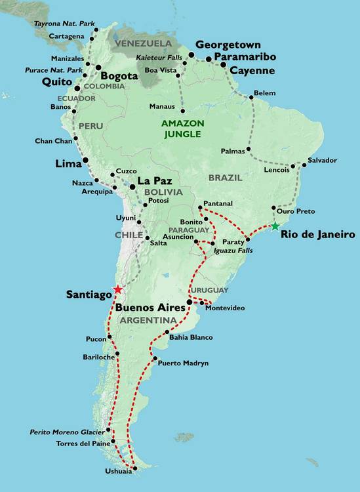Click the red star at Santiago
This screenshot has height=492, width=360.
[x=117, y=289]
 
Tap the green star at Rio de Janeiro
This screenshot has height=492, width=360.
[x=274, y=226]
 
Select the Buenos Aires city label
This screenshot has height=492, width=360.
[x=149, y=307]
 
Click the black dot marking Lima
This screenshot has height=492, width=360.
[x=85, y=161]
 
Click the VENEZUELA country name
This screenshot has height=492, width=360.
[x=138, y=44]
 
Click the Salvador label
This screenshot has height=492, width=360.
[x=322, y=160]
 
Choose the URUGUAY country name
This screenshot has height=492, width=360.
[x=209, y=290]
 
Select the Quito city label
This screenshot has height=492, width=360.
[x=56, y=82]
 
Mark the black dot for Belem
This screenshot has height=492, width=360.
[x=251, y=98]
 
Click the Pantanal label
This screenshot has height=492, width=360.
[x=218, y=204]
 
